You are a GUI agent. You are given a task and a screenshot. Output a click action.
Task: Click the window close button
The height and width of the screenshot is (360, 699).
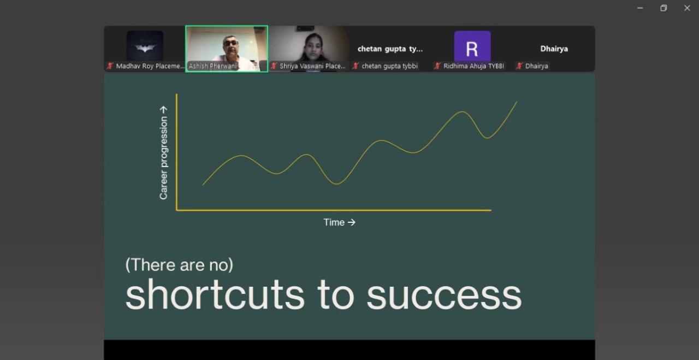point(687,8)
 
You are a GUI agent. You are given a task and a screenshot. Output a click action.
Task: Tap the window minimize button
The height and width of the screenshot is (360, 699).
point(640,8)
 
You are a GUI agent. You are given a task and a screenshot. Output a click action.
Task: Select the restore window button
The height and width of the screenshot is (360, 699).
point(664,8)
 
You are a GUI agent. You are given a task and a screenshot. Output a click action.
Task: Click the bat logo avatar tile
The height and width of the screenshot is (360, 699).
point(145,46)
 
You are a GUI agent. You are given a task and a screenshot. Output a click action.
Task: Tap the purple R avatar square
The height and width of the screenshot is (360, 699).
point(472,46)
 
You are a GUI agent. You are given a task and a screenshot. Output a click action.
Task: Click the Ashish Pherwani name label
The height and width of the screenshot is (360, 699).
point(212,66)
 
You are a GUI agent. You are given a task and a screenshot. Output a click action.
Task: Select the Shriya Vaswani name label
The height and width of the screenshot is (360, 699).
point(313,66)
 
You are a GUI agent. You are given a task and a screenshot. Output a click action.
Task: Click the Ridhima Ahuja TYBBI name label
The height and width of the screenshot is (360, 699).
point(473,66)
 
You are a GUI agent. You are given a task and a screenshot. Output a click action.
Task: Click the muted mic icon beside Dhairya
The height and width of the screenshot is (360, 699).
point(519,66)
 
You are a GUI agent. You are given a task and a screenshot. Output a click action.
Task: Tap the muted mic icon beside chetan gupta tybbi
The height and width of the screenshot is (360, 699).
point(356,66)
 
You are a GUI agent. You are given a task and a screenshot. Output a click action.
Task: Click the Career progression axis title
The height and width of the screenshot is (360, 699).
point(163,158)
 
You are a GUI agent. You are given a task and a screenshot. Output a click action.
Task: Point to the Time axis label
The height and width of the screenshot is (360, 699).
point(339,222)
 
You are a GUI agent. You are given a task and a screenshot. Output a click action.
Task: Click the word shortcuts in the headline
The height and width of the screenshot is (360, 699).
point(215,296)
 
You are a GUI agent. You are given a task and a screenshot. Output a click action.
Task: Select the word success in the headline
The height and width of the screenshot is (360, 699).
point(444,296)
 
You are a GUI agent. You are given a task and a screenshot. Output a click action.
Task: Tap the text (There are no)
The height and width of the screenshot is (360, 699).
point(179,265)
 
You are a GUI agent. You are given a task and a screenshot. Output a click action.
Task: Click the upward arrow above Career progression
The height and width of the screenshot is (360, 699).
point(163,110)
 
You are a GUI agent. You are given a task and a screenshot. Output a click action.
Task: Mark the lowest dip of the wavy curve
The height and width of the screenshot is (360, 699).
point(337,184)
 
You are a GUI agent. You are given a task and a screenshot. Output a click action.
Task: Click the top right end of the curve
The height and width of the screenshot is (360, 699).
point(517,102)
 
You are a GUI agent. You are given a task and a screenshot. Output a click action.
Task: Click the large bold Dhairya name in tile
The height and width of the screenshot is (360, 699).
point(554,49)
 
